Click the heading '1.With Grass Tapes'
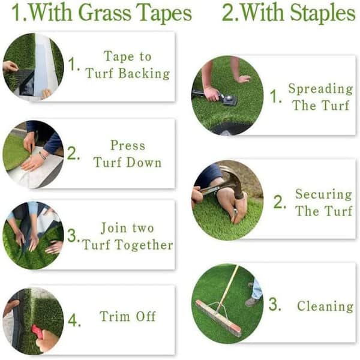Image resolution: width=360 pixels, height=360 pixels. pyautogui.click(x=101, y=13)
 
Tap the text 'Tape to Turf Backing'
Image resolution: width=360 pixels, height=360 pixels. pyautogui.click(x=127, y=65)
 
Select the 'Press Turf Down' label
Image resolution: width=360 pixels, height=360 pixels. pyautogui.click(x=127, y=154)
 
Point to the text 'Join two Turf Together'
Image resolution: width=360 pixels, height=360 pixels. pyautogui.click(x=127, y=236)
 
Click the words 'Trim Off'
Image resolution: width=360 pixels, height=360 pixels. pyautogui.click(x=128, y=317)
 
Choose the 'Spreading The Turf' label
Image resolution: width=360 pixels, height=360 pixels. pyautogui.click(x=320, y=97)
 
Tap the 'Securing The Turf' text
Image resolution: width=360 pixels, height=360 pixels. pyautogui.click(x=323, y=202)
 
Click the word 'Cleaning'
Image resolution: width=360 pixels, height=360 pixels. pyautogui.click(x=325, y=306)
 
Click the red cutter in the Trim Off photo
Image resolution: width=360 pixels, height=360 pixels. pyautogui.click(x=37, y=331)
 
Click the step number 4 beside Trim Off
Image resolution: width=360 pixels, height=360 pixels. pyautogui.click(x=73, y=320)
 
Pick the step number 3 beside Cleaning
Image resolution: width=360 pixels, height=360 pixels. pyautogui.click(x=274, y=305)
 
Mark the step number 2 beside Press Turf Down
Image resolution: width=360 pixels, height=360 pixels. pyautogui.click(x=73, y=154)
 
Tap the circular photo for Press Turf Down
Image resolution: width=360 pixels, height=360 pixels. pyautogui.click(x=33, y=154)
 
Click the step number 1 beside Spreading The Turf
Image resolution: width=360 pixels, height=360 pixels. pyautogui.click(x=274, y=97)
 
